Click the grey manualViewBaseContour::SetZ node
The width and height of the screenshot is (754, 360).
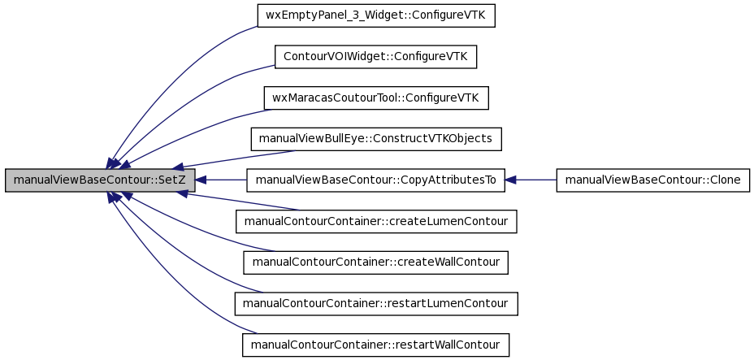[x=100, y=180]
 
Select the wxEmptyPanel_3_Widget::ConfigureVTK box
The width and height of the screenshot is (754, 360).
[x=376, y=15]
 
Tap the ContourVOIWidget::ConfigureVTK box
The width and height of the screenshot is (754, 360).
[x=375, y=57]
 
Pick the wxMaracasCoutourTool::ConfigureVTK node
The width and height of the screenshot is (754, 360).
[x=376, y=98]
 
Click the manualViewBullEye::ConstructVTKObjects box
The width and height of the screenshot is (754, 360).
[x=376, y=139]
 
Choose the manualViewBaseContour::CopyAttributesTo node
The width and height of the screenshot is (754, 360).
[x=375, y=180]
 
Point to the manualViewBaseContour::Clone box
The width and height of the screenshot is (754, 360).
[x=653, y=180]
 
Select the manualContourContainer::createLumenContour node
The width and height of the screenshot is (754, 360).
[x=376, y=222]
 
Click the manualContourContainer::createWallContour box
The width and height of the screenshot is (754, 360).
[x=375, y=262]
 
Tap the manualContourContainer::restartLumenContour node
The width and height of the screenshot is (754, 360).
[x=376, y=304]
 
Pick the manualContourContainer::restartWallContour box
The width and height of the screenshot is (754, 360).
[x=375, y=345]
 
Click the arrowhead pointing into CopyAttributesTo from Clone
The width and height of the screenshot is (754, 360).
[x=510, y=180]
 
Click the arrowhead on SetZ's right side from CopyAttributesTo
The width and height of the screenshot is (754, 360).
[x=201, y=180]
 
